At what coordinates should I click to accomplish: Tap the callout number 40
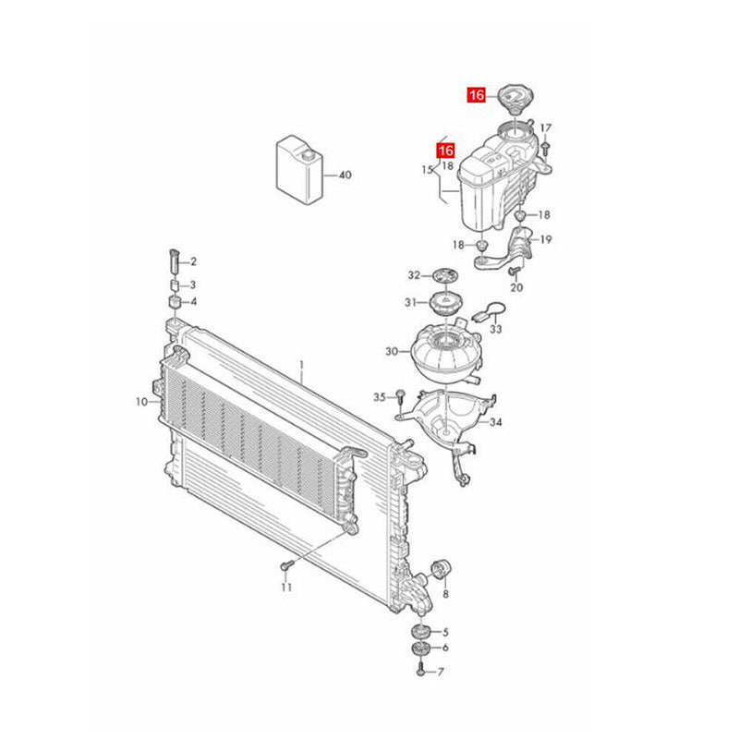point(345,175)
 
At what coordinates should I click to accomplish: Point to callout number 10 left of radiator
point(141,402)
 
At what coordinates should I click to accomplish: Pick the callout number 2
point(194,262)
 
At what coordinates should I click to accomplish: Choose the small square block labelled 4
point(175,302)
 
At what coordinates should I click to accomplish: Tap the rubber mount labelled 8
point(440,566)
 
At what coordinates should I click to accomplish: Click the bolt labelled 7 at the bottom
point(420,671)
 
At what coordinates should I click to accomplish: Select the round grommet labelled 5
point(421,632)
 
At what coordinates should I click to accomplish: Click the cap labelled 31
point(445,302)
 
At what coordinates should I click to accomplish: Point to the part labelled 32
point(445,274)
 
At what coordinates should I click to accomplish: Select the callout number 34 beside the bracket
point(496,423)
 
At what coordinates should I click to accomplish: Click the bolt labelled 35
point(400,396)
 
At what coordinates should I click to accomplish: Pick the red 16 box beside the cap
point(477,94)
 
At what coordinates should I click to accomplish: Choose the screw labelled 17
point(548,146)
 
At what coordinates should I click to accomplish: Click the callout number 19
point(546,240)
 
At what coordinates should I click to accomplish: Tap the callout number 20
point(517,287)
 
